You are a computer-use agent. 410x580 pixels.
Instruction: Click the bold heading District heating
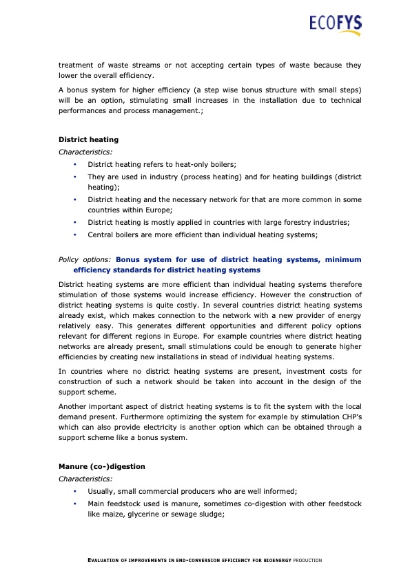88,139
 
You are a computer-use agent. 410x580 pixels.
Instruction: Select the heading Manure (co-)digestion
102,466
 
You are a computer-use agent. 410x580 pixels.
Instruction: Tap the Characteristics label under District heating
85,151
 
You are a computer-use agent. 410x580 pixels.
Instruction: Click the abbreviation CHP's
347,418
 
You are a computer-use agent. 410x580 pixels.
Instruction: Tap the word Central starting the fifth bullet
101,234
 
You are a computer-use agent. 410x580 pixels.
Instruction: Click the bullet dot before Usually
75,491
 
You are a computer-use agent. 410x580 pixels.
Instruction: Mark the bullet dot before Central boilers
75,234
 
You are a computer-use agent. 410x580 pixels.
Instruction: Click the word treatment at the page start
77,66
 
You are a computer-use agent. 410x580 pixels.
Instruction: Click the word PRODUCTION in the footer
307,560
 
